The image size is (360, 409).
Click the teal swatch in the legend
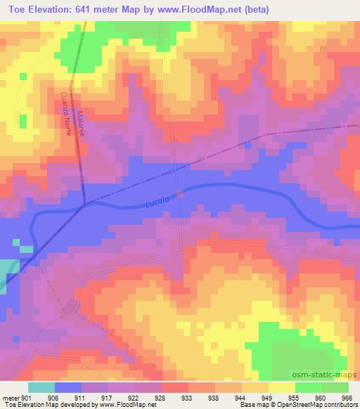pyautogui.click(x=41, y=387)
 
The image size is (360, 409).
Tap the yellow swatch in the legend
pyautogui.click(x=282, y=387)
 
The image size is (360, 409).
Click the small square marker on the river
pyautogui.click(x=180, y=193)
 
